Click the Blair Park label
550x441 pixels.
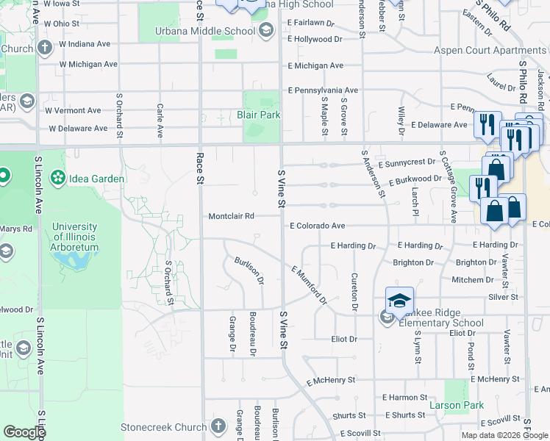[x=258, y=115]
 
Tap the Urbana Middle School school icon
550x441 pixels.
[x=265, y=30]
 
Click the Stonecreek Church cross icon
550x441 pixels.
[x=218, y=426]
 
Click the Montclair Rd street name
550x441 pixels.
[x=231, y=217]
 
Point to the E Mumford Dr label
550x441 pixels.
[x=308, y=284]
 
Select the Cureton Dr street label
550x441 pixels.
[x=354, y=292]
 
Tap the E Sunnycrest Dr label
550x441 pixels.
[x=410, y=159]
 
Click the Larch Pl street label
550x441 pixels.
[x=415, y=196]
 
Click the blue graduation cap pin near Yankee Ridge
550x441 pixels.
[x=399, y=300]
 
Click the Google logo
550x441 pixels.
[x=24, y=431]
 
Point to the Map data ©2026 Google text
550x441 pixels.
[x=504, y=435]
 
